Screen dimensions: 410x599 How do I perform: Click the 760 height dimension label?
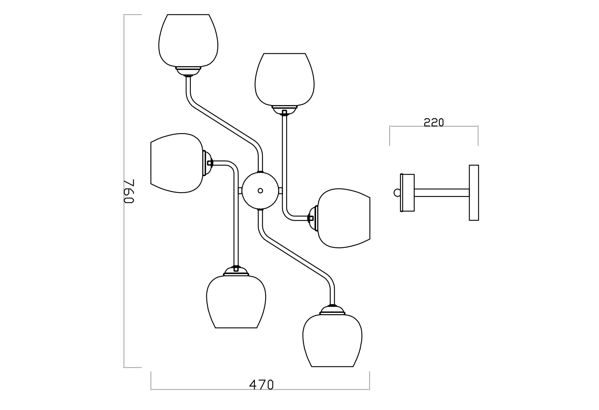coord(129,191)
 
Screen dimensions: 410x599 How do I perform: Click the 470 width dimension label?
coord(261,385)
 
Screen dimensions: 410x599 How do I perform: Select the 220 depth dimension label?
coord(434,122)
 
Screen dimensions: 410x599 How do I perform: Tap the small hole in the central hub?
coord(260,191)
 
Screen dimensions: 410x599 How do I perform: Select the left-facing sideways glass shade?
coord(176,163)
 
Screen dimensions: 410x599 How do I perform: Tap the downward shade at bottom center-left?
coord(236,301)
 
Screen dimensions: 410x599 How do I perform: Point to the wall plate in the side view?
coord(474,193)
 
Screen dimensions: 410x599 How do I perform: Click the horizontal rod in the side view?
coord(442,193)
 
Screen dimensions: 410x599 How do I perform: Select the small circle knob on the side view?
coord(397,193)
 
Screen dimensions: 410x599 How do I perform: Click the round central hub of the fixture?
coord(260,191)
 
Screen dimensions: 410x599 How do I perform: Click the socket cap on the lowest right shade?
coord(332,311)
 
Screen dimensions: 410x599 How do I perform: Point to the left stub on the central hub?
coord(240,191)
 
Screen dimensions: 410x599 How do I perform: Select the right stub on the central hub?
coord(280,191)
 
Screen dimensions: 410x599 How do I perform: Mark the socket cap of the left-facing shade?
coord(207,163)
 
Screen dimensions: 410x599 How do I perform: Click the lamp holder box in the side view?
coord(408,193)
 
